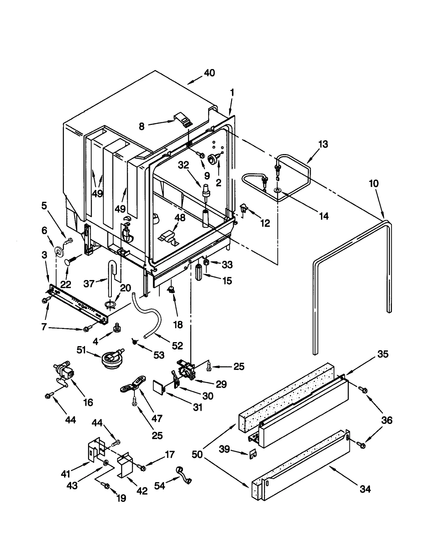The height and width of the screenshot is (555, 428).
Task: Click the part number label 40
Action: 209,73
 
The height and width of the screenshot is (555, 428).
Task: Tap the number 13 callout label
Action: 323,144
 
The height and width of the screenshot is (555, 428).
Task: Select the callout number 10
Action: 374,183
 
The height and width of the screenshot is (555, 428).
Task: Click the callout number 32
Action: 184,165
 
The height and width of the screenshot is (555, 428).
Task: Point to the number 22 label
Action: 66,284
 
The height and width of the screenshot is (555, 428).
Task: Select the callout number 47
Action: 157,418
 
